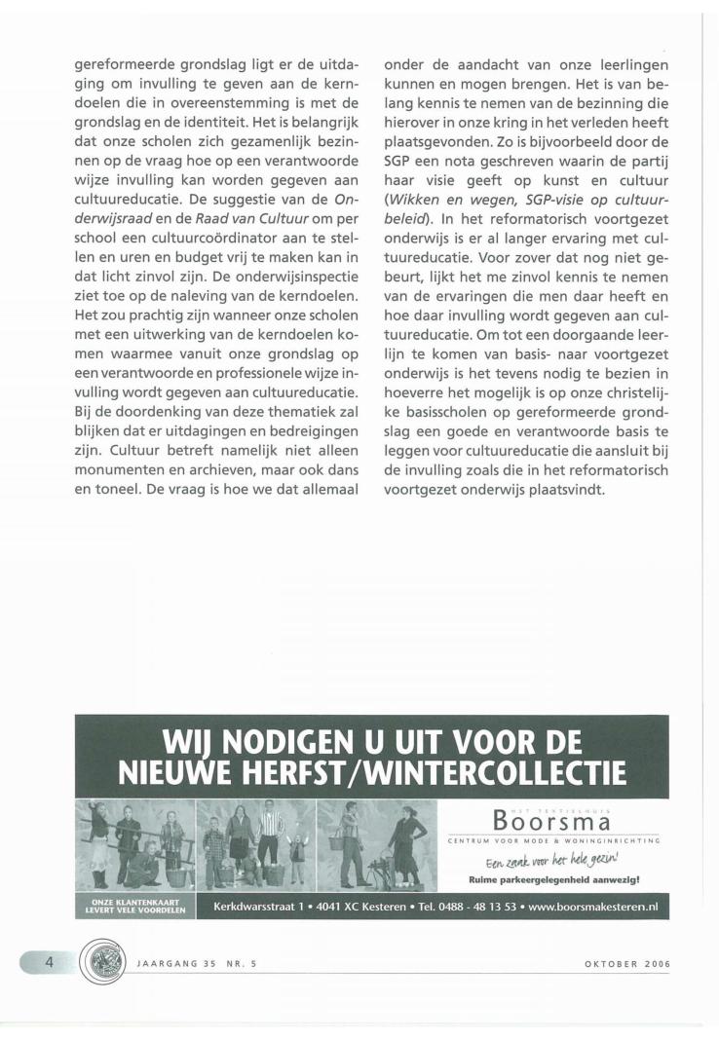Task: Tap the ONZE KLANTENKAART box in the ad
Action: point(133,907)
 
